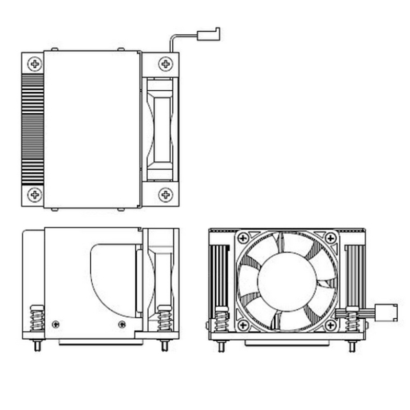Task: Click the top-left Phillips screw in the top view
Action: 35,64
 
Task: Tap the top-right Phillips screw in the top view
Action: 166,64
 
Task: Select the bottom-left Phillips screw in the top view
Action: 35,194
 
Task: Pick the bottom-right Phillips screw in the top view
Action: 166,194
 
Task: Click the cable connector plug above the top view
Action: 209,35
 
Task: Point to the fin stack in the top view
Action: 32,129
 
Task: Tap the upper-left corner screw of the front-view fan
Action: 243,238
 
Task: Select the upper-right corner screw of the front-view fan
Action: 331,238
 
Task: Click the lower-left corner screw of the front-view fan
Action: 243,325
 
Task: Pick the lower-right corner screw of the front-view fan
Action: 331,325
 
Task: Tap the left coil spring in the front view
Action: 222,320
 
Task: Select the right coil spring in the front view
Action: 352,320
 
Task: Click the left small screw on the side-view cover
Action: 56,324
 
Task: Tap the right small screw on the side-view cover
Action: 121,324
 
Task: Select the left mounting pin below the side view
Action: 37,346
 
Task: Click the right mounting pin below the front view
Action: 352,346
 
